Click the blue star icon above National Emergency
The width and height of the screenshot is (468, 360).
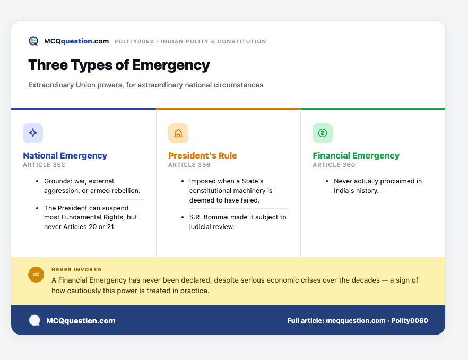tap(33, 133)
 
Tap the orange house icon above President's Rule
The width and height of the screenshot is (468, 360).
tap(178, 133)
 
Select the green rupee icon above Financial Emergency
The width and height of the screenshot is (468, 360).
tap(323, 133)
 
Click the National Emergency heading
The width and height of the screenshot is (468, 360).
tap(65, 156)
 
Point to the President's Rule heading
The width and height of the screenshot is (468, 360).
tap(202, 156)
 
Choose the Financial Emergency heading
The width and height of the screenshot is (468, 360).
tap(356, 156)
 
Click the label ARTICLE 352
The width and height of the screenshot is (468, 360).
tap(44, 165)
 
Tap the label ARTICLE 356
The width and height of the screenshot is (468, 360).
tap(189, 165)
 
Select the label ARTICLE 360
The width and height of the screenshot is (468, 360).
tap(334, 165)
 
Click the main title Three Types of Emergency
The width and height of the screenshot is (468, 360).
tap(119, 65)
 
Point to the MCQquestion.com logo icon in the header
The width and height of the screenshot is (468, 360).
tap(33, 41)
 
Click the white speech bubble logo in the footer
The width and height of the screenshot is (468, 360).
tap(34, 321)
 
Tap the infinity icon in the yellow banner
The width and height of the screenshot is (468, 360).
tap(36, 275)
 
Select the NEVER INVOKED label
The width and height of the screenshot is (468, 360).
tap(76, 270)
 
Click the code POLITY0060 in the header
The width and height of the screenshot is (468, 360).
tap(134, 42)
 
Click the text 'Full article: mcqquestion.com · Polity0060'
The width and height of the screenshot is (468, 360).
tap(358, 321)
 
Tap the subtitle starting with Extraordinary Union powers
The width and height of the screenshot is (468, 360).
tap(145, 85)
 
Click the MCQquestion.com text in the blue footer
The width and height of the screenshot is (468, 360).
tap(81, 321)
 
